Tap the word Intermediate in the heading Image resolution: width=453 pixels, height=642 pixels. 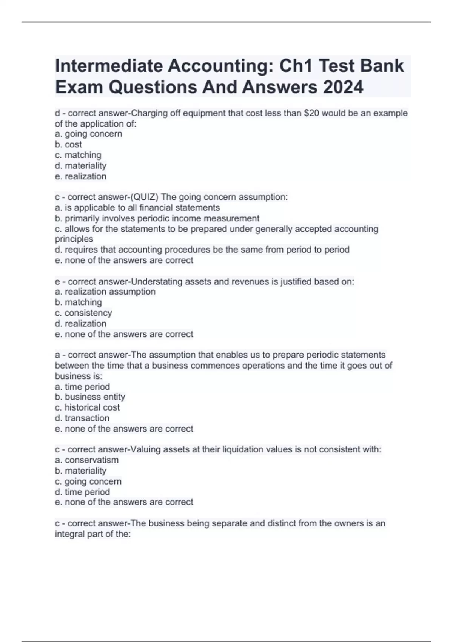click(x=109, y=66)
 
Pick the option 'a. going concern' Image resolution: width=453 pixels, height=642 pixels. click(x=88, y=134)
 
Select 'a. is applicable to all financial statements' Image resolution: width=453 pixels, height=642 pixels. click(x=137, y=207)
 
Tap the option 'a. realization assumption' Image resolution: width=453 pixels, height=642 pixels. click(x=105, y=291)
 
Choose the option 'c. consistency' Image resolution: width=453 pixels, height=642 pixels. click(x=83, y=313)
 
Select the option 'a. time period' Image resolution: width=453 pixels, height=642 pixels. click(x=82, y=386)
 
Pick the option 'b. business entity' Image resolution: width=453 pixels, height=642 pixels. click(x=90, y=397)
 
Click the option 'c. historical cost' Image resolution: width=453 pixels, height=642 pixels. click(x=87, y=407)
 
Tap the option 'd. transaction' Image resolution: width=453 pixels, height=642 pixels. click(x=82, y=418)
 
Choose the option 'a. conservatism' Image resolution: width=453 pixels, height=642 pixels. click(x=87, y=460)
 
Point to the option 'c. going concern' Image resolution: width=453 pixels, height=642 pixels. click(x=88, y=481)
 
